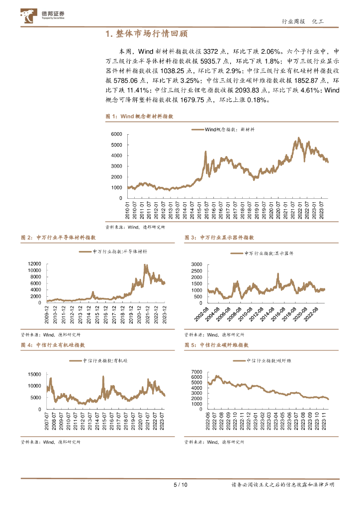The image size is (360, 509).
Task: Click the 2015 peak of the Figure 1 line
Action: pos(205,152)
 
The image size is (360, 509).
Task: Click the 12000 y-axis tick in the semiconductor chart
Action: pos(35,263)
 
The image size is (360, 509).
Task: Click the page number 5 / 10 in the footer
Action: pos(180,485)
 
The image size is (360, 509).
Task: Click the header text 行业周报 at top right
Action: pos(292,21)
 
